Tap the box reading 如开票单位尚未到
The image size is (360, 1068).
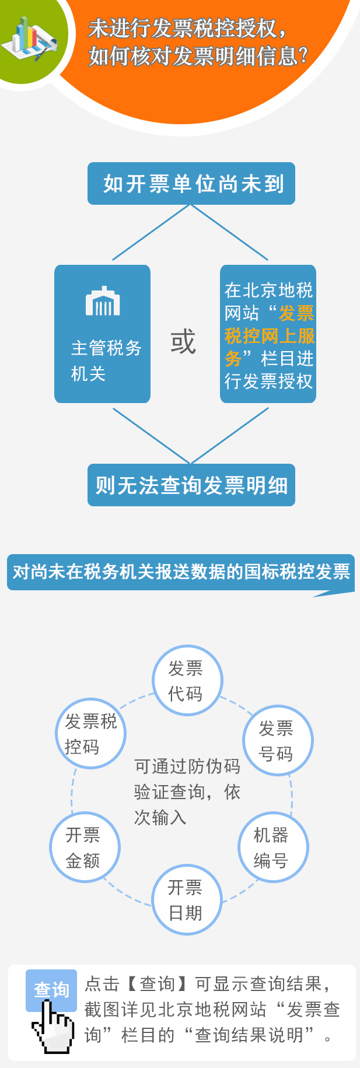191,184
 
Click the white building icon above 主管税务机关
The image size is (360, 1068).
103,302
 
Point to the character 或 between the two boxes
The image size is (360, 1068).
183,342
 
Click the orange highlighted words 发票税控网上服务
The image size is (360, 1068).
270,336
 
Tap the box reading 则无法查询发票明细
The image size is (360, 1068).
191,485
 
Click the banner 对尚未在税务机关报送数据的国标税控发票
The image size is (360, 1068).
181,572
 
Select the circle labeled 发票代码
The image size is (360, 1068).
187,681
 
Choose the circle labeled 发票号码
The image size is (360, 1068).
277,741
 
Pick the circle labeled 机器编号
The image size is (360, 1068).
272,848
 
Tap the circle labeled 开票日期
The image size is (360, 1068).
186,900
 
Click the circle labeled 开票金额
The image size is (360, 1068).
85,848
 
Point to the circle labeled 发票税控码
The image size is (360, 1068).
91,734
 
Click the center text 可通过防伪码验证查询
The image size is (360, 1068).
187,779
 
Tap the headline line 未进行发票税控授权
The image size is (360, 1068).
187,28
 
